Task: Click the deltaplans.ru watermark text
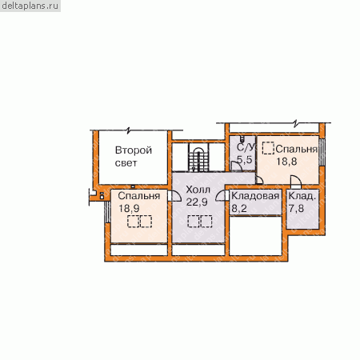click(x=30, y=6)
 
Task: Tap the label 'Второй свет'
click(x=134, y=157)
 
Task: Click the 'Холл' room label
click(x=198, y=190)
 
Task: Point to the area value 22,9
click(x=197, y=202)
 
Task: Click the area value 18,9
click(x=129, y=208)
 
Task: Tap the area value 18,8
click(x=286, y=162)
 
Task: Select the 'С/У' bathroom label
click(x=246, y=147)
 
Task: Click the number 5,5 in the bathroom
click(x=244, y=159)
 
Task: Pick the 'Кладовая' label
click(x=255, y=196)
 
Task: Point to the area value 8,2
click(x=239, y=208)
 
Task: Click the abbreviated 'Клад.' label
click(x=302, y=196)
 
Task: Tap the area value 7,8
click(x=296, y=208)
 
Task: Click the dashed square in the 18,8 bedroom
click(x=268, y=148)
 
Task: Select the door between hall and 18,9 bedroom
click(x=174, y=196)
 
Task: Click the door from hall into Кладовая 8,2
click(x=222, y=196)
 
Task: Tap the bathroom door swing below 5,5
click(x=236, y=166)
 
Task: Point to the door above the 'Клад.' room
click(x=295, y=182)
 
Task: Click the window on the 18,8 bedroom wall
click(x=322, y=152)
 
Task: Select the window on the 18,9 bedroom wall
click(x=107, y=212)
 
